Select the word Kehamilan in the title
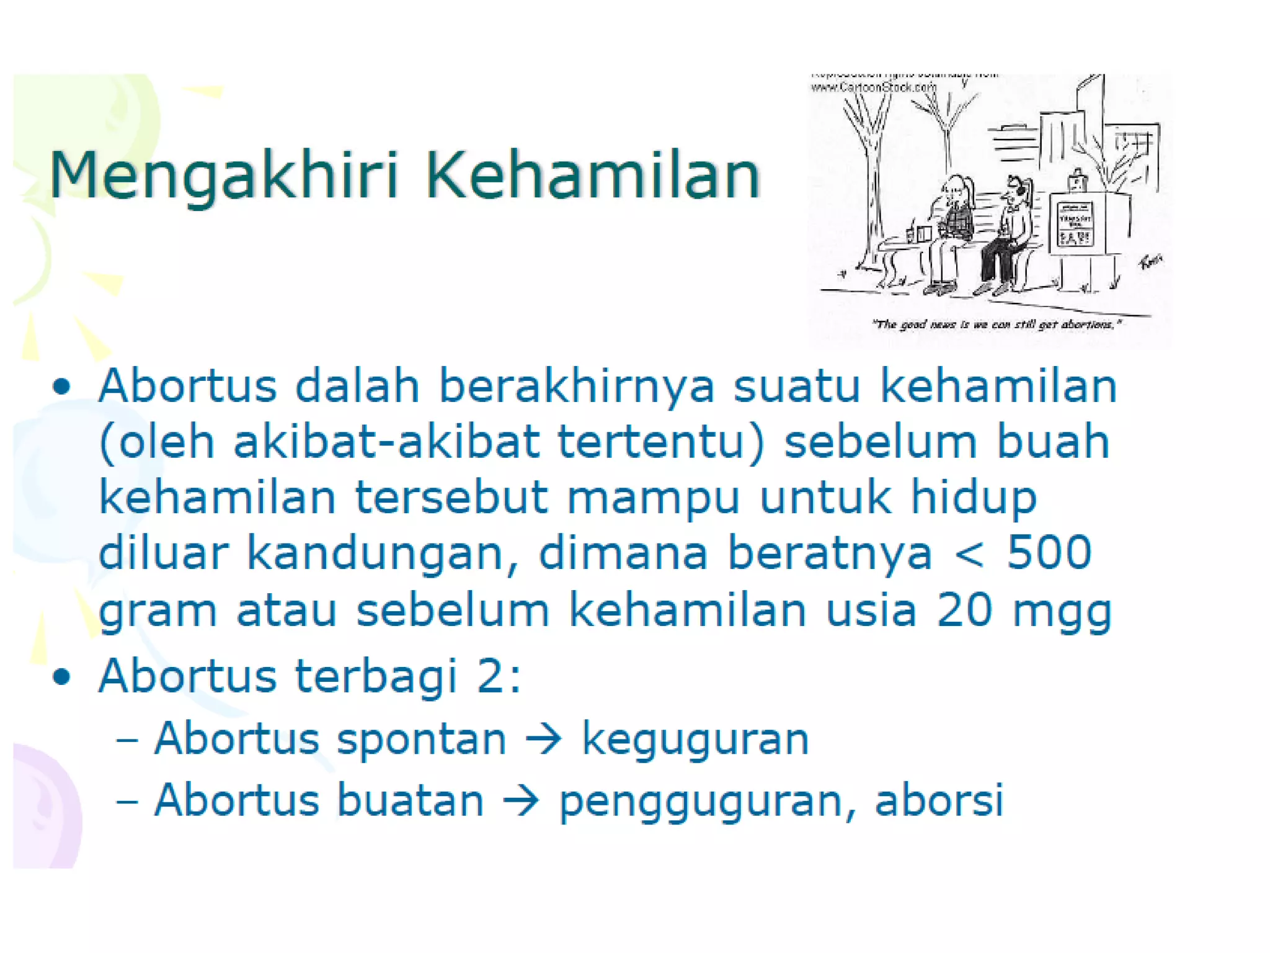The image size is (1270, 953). (592, 175)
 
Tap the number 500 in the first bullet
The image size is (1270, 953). (1049, 552)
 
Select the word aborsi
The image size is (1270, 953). (939, 800)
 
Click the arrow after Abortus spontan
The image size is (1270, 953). (543, 740)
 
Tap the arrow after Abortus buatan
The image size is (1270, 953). (521, 800)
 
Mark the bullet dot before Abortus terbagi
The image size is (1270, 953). (61, 676)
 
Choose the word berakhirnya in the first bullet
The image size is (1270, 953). (577, 386)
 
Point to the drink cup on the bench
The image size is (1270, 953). (910, 234)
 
